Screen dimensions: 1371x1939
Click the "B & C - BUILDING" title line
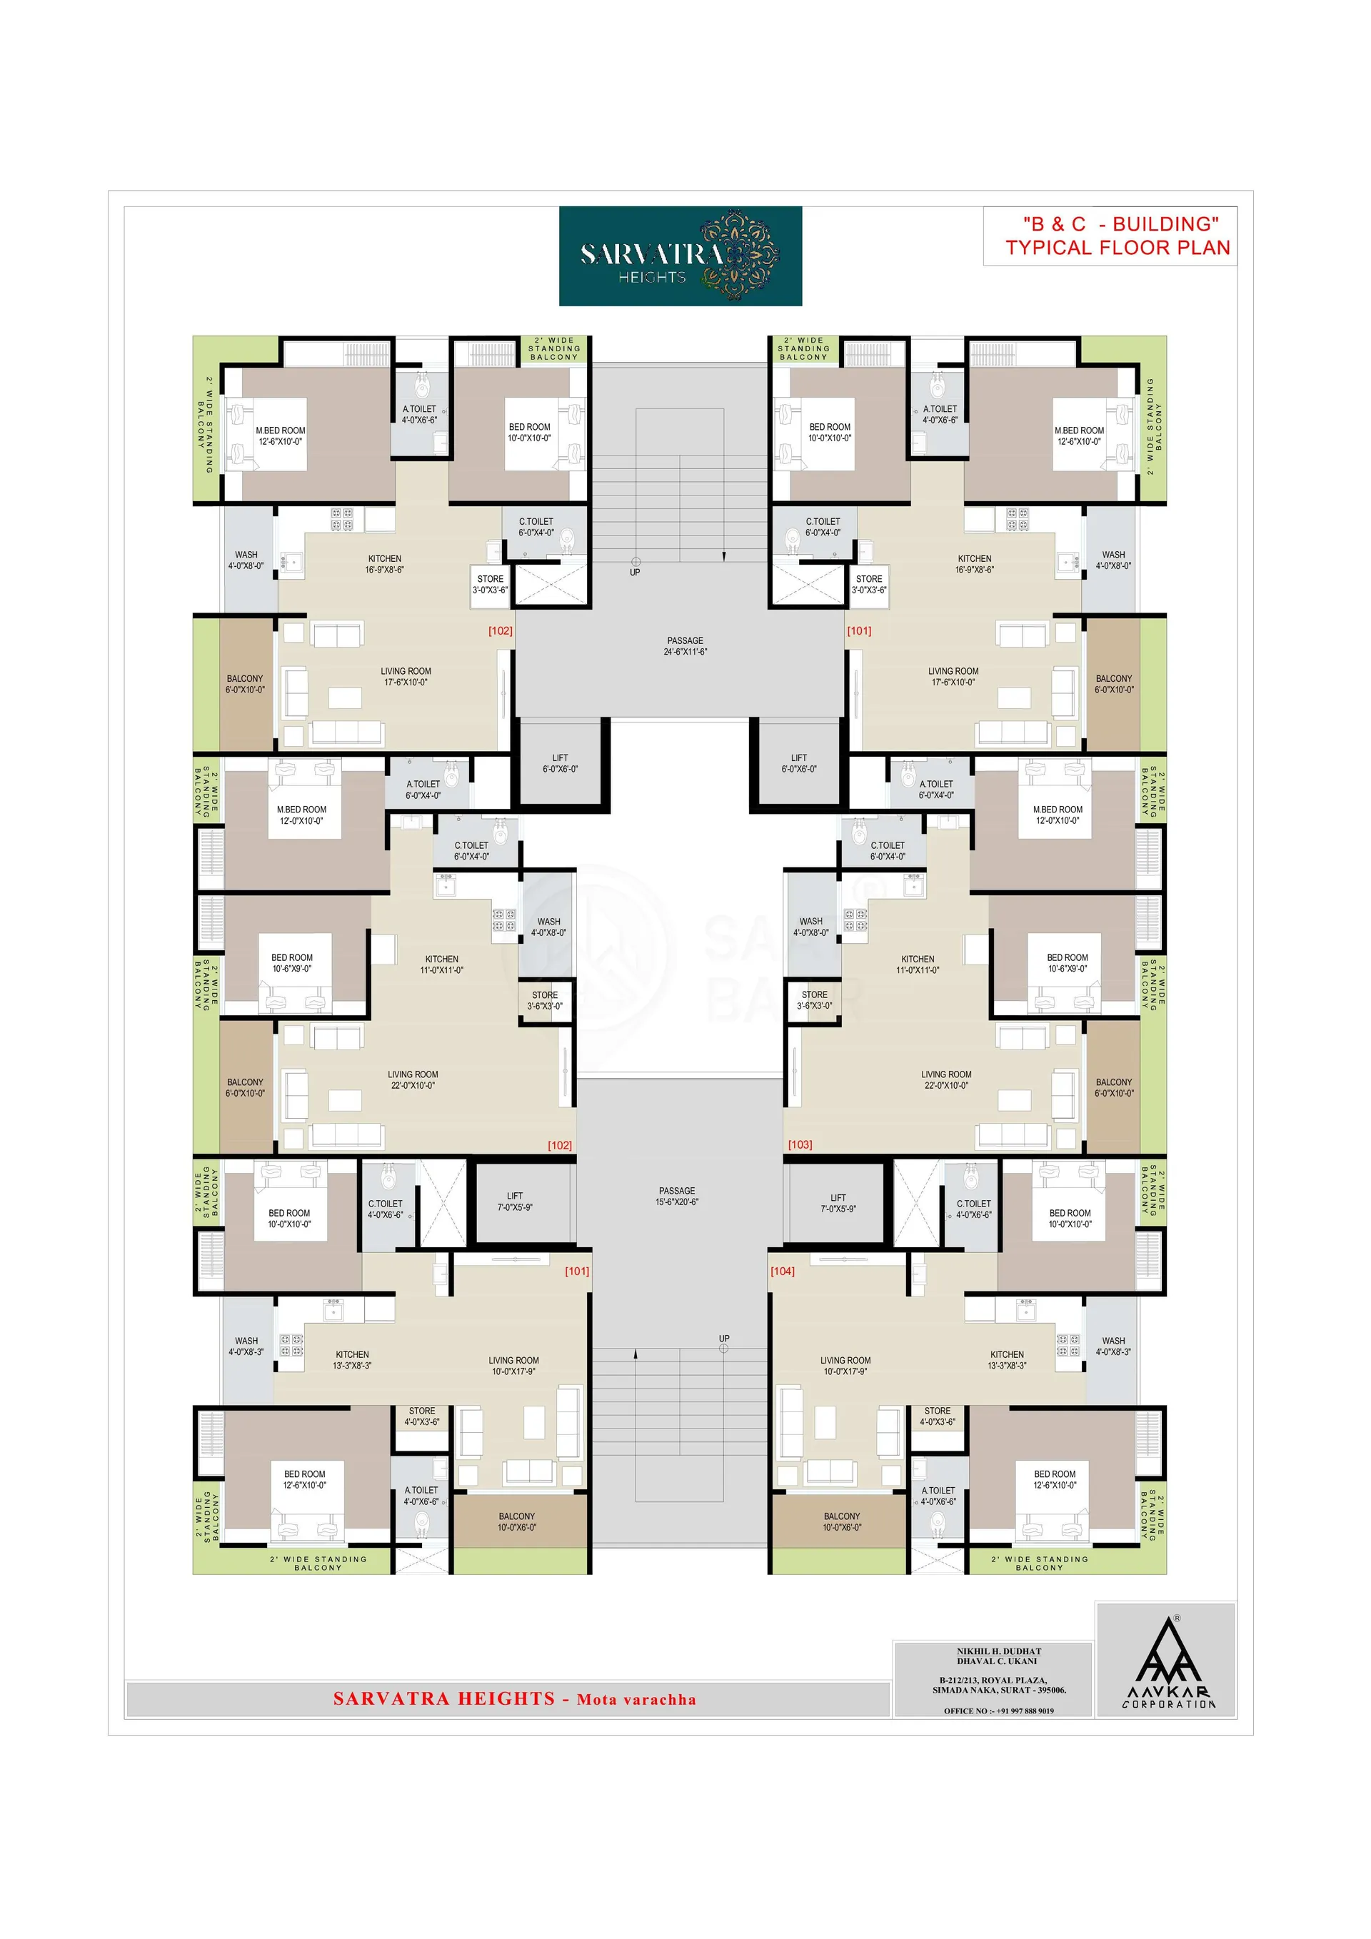point(1120,223)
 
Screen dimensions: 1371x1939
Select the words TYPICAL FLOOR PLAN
point(1118,248)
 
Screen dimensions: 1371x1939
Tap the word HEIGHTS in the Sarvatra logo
point(651,277)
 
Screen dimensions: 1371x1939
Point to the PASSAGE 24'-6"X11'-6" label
point(685,646)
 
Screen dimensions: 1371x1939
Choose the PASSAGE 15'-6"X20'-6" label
point(678,1196)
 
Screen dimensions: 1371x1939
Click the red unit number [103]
point(800,1144)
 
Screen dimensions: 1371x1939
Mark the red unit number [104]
point(782,1271)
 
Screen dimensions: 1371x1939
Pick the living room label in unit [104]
point(845,1366)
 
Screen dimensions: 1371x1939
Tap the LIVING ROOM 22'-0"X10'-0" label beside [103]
point(946,1080)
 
